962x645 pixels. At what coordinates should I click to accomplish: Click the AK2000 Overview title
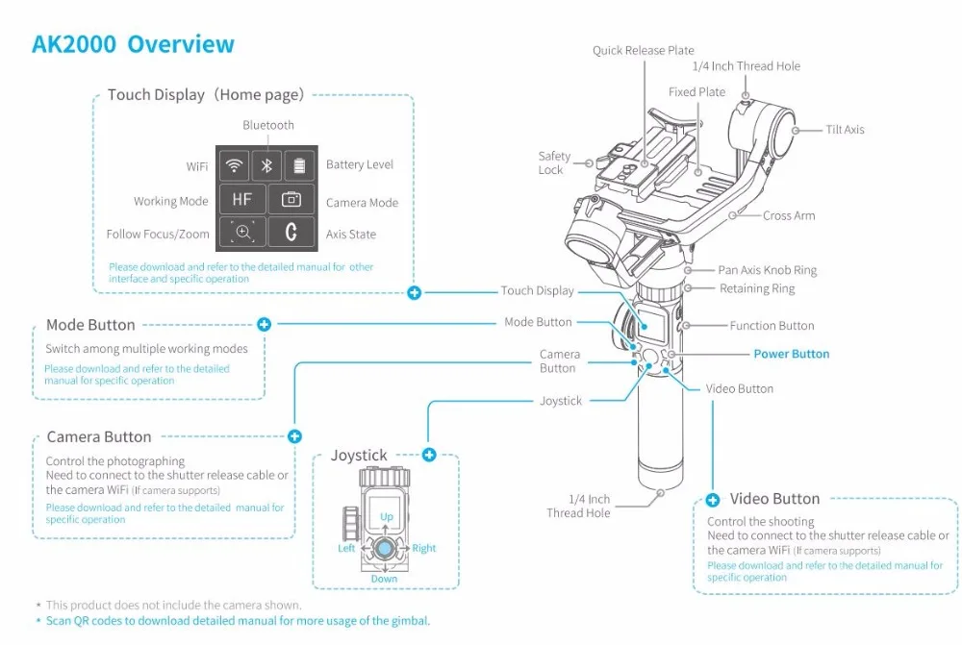pos(133,44)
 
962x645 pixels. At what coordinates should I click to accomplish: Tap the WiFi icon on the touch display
pos(234,165)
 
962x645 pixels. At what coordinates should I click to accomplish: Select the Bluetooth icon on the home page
pos(267,165)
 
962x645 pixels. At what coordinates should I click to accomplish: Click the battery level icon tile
pos(299,165)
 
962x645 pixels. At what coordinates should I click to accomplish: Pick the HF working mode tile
pos(242,200)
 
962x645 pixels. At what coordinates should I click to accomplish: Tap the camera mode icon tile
pos(291,200)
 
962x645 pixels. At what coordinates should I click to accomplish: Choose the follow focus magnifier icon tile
pos(242,233)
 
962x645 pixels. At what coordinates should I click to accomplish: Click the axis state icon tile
pos(291,233)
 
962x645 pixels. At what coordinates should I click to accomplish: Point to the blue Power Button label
pos(791,354)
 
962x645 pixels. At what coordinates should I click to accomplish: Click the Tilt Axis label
pos(845,130)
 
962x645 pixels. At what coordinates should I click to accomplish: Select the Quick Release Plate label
pos(643,51)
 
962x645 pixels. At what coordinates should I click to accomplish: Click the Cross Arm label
pos(789,216)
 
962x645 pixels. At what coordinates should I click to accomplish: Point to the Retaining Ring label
pos(757,288)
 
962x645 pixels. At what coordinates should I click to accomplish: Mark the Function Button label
pos(772,326)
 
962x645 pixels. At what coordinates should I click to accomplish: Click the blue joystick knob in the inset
pos(384,549)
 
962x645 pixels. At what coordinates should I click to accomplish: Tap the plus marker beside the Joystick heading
pos(429,455)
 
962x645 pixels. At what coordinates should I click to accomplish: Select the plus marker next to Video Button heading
pos(713,500)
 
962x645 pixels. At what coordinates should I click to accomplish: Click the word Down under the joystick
pos(384,579)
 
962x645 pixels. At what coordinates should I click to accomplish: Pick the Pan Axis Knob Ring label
pos(767,271)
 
